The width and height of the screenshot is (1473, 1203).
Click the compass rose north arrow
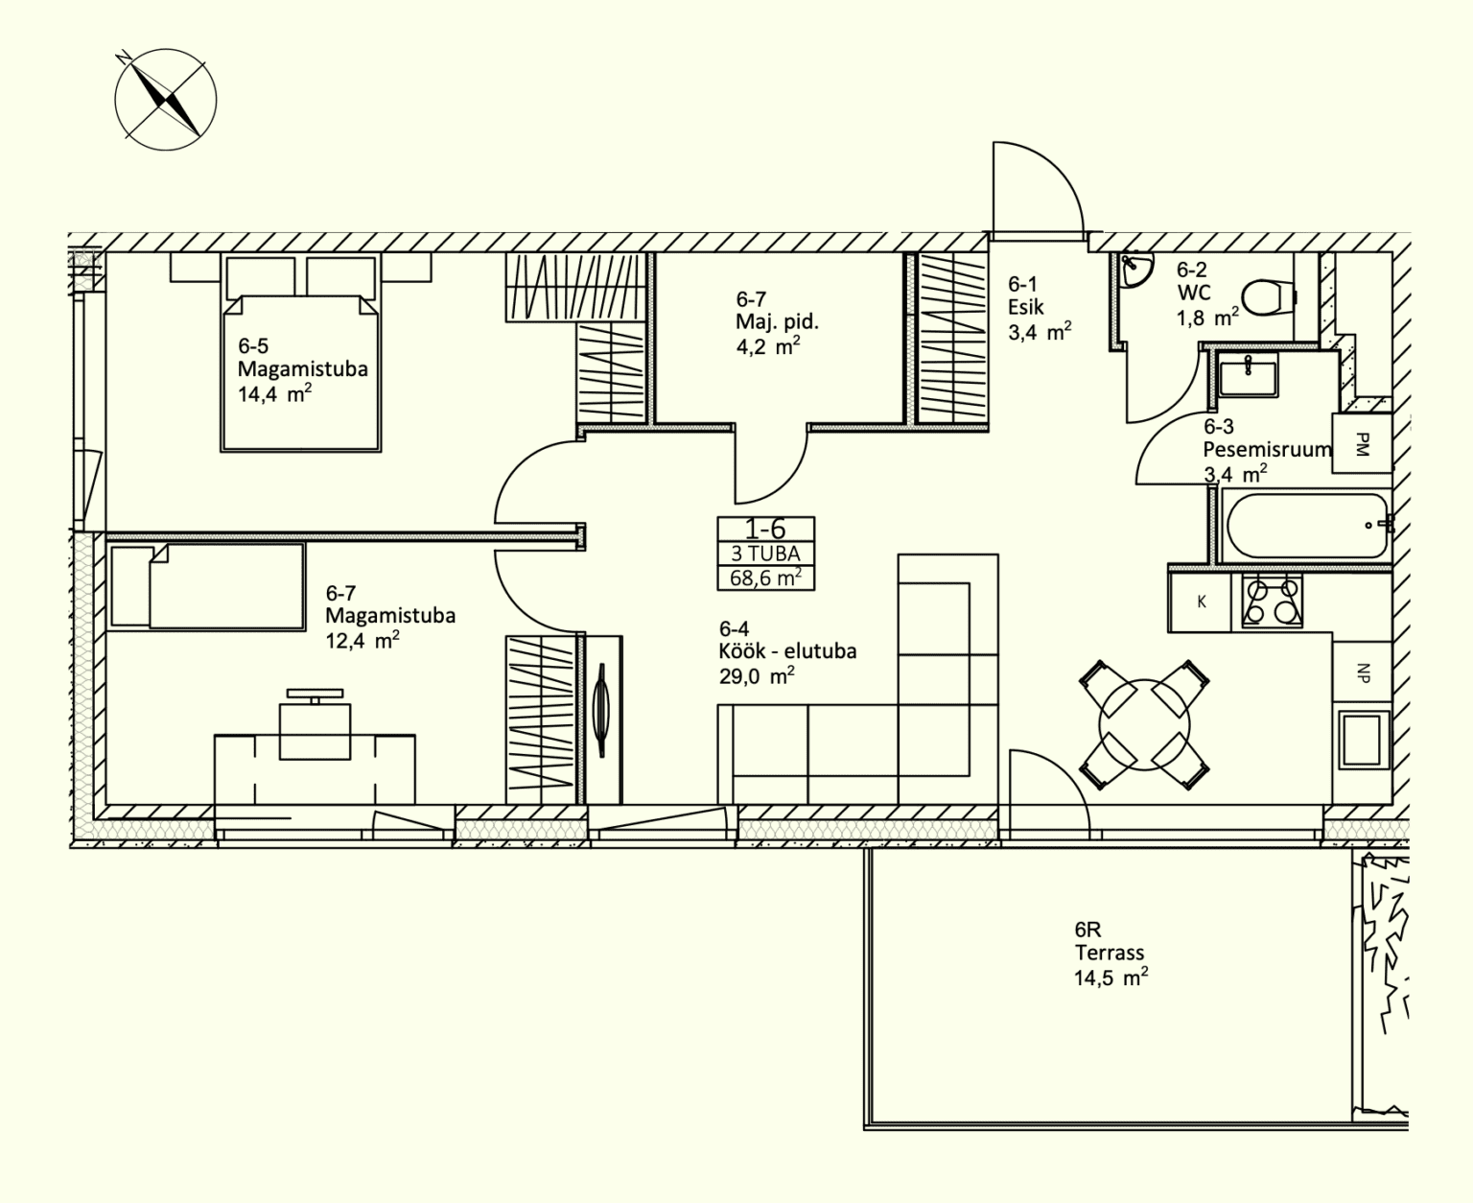[x=166, y=99]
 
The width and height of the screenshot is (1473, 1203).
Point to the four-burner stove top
[x=1272, y=601]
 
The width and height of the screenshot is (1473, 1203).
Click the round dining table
[x=1144, y=725]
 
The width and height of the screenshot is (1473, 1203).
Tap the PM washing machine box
[x=1362, y=443]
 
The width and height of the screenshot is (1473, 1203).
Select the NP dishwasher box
[x=1362, y=672]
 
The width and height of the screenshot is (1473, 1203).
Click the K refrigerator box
[x=1201, y=601]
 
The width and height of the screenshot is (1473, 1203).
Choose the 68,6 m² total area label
[x=765, y=578]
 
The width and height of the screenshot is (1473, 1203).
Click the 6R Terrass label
[x=1111, y=953]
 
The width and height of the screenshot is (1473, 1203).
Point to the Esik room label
[x=1026, y=307]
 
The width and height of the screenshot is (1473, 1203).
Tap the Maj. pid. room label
[x=777, y=322]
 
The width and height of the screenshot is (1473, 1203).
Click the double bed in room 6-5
[x=301, y=353]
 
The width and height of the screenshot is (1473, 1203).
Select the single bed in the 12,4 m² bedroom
[x=207, y=586]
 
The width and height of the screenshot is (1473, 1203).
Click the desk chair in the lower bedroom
[x=315, y=726]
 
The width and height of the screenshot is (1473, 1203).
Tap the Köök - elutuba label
[x=788, y=651]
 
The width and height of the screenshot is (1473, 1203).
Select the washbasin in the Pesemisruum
[x=1248, y=374]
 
